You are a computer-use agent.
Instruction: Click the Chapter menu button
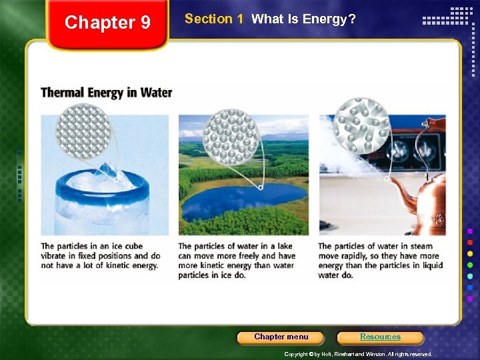[x=281, y=337]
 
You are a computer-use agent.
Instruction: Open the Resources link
[x=380, y=337]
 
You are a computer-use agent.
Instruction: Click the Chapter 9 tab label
[x=108, y=23]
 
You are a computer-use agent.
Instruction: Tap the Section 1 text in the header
[x=213, y=19]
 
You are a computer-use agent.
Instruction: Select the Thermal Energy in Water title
[x=107, y=93]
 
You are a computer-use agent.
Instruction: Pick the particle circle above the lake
[x=231, y=137]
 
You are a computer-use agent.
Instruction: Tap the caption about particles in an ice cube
[x=101, y=255]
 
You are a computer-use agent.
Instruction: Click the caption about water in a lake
[x=237, y=260]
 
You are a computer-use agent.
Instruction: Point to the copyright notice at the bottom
[x=358, y=354]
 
